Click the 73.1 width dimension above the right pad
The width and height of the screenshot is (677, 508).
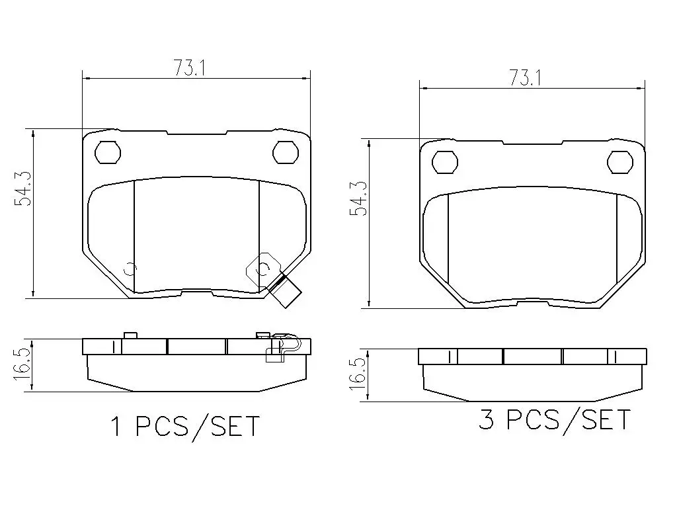[525, 78]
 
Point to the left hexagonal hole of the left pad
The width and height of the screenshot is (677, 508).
[108, 152]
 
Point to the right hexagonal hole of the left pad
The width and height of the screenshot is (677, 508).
[286, 152]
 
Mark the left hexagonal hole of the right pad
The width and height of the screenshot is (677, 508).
[445, 161]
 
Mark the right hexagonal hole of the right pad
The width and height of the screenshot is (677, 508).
[621, 161]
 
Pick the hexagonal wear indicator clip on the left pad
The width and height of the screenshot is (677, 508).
[262, 269]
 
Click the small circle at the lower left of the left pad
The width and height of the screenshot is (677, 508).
[130, 269]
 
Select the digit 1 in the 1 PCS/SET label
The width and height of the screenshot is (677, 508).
[117, 427]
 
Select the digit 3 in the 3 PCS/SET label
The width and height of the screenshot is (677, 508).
[486, 419]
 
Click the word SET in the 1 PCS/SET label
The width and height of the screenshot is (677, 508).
[235, 427]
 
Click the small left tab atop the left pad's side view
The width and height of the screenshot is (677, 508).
[130, 335]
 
